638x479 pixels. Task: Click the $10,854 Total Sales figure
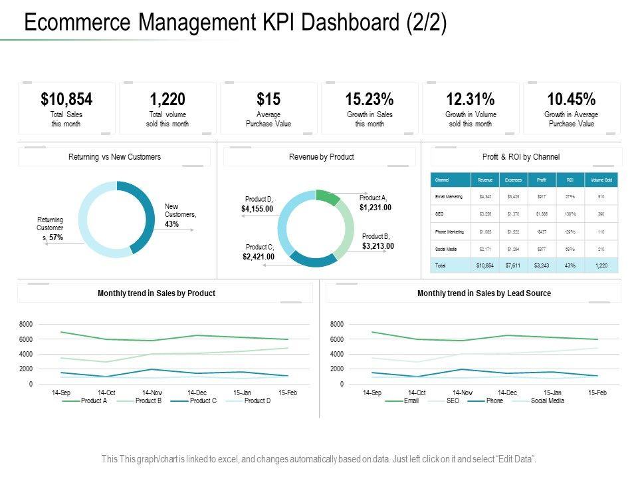coord(66,100)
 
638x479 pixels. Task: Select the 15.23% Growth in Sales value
coord(370,100)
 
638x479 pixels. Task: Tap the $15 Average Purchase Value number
coord(268,100)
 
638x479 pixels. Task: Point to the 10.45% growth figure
coord(571,100)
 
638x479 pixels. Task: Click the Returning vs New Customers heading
coord(114,157)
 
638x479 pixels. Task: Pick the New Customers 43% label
coord(180,216)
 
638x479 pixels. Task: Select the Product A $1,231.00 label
coord(375,203)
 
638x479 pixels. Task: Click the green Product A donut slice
coord(326,197)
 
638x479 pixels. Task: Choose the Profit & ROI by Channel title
coord(520,157)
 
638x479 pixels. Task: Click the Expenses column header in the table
coord(513,180)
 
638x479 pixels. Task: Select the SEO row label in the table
coord(439,214)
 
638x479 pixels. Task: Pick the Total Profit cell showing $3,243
coord(542,265)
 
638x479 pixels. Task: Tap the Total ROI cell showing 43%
coord(570,265)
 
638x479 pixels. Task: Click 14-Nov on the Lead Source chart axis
coord(463,393)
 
